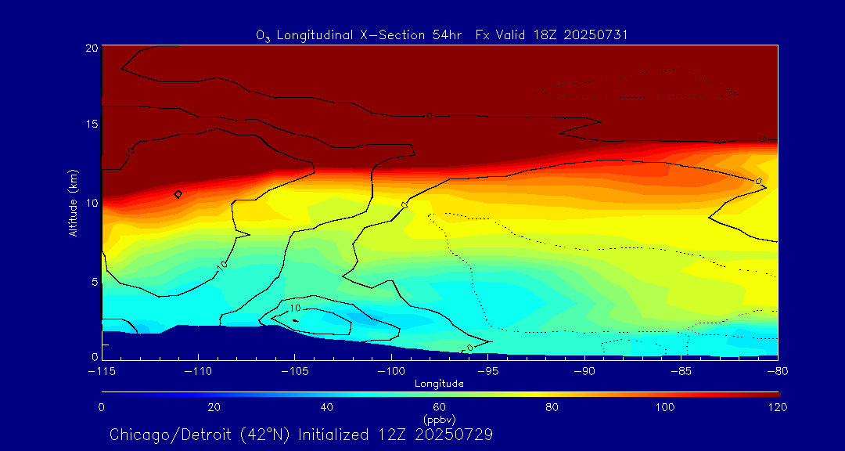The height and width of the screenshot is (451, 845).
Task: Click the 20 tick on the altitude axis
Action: click(x=92, y=48)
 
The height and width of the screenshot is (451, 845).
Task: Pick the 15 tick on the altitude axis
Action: click(x=92, y=124)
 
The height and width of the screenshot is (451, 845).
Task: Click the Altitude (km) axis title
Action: click(x=72, y=203)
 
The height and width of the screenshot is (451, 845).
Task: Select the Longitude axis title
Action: click(x=440, y=384)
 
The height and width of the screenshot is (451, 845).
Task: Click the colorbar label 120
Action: click(x=778, y=407)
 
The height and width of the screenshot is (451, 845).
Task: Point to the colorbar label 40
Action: click(x=327, y=407)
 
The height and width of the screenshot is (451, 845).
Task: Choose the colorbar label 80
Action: click(x=552, y=407)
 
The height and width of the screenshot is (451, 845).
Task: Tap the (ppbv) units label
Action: click(x=440, y=420)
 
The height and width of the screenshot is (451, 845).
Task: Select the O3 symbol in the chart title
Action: click(x=264, y=36)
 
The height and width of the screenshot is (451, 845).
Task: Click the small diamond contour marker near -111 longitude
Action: click(x=178, y=193)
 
